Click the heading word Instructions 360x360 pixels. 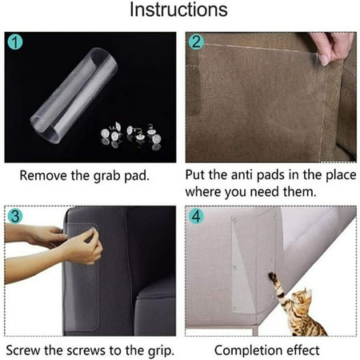click(x=178, y=11)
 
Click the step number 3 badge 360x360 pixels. click(x=14, y=215)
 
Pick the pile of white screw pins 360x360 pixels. click(x=128, y=132)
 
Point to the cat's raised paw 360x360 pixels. click(x=273, y=277)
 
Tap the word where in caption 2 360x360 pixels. click(x=205, y=193)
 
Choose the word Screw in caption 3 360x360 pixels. click(x=23, y=350)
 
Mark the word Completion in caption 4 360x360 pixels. click(x=245, y=350)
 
